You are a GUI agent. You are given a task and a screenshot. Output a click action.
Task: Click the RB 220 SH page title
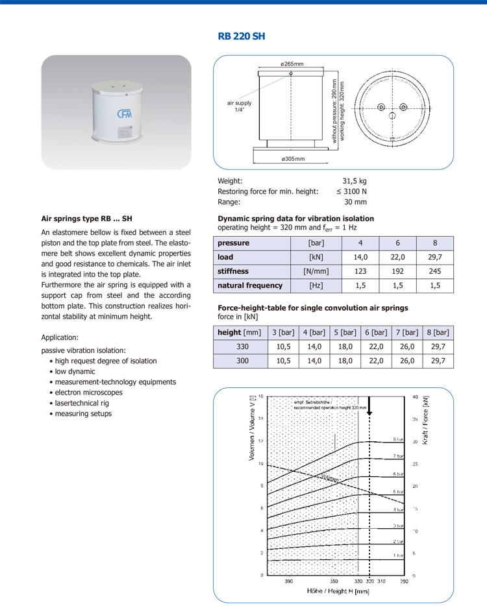click(242, 36)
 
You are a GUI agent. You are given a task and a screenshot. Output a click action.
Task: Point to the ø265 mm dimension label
click(292, 64)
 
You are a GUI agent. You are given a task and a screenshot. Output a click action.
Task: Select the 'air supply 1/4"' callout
click(239, 106)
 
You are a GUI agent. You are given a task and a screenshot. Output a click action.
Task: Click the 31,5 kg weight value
click(354, 181)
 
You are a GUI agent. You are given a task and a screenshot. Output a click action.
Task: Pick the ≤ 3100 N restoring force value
click(351, 191)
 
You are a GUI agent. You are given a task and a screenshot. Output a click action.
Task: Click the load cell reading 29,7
click(434, 257)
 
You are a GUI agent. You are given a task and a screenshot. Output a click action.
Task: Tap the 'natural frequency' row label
click(250, 285)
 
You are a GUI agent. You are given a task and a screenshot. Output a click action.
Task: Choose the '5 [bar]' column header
click(344, 332)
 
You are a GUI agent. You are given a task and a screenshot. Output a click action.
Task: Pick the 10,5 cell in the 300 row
click(283, 361)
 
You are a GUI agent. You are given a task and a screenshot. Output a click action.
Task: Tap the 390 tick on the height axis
click(289, 581)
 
